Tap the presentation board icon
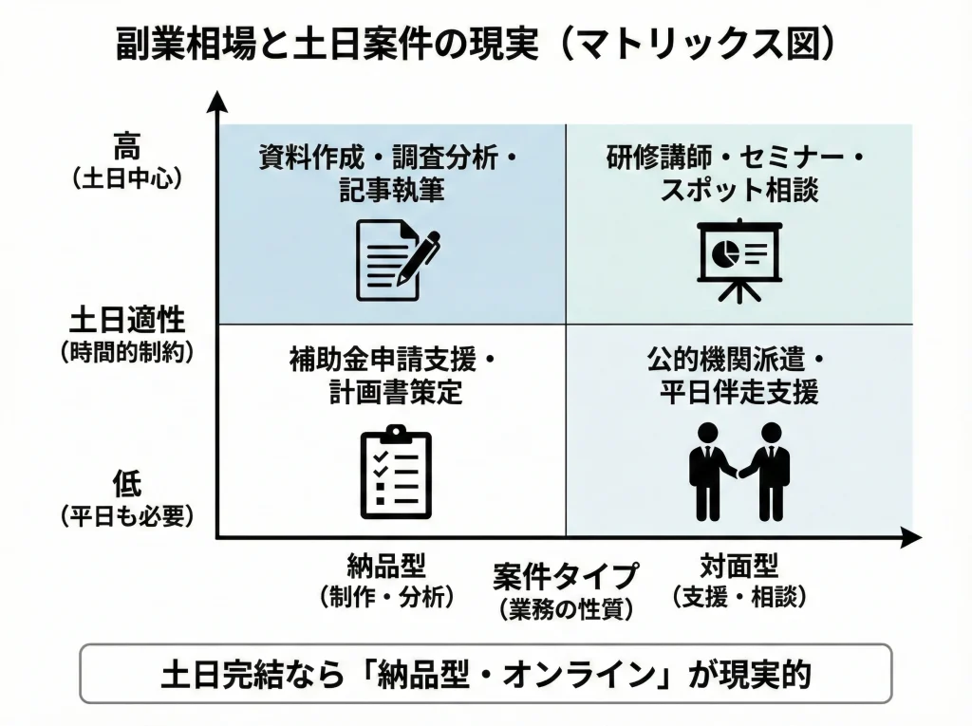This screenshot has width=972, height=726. pos(738,259)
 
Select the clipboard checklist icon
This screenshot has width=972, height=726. pos(396,472)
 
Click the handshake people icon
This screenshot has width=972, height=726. pos(738,471)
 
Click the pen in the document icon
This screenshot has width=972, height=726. pos(419,254)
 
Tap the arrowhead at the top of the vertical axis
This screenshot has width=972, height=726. pos(218,101)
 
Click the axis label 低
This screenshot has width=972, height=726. pos(126,484)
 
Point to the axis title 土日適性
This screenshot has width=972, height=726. pos(126,318)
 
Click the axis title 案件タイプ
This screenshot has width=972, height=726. pos(566,576)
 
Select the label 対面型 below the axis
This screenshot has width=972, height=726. pos(738,567)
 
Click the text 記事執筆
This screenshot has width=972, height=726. pos(392,190)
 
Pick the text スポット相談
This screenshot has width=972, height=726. pos(738,190)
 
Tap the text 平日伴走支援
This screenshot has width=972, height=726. pos(738,393)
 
